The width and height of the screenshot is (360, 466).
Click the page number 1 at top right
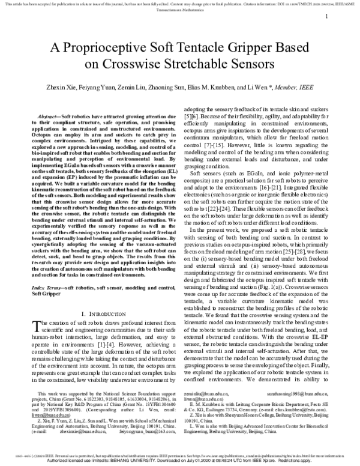326,17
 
